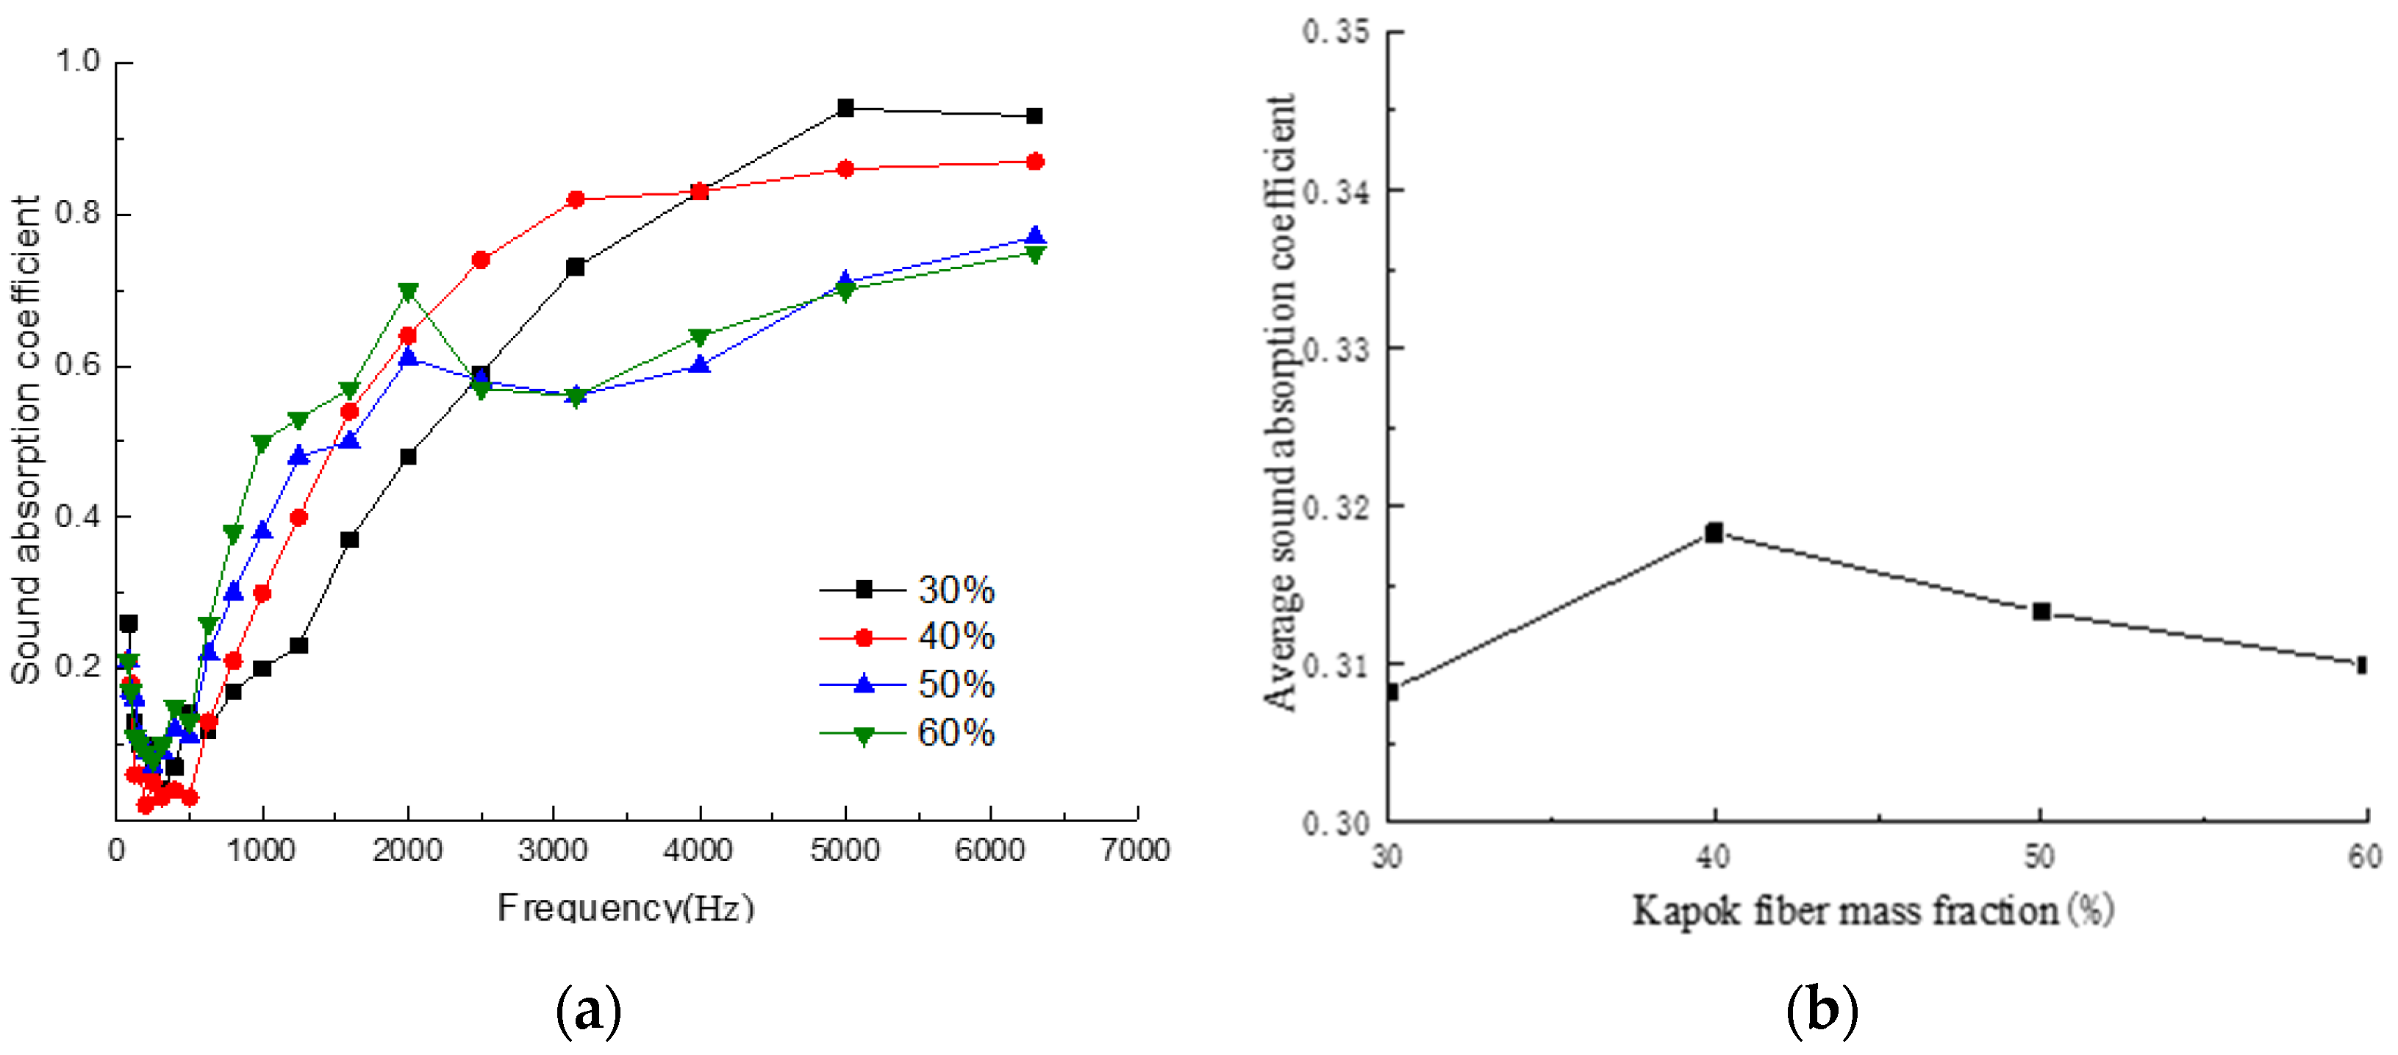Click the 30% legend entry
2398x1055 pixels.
(908, 590)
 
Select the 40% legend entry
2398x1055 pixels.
(908, 637)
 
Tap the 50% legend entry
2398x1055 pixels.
(908, 684)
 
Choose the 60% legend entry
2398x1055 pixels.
(908, 733)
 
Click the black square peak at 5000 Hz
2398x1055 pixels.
(845, 108)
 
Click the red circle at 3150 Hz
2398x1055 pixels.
(576, 199)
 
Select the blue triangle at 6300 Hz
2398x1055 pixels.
(1034, 237)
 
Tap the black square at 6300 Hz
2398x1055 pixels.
(1034, 116)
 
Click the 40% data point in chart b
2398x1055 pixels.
(1714, 532)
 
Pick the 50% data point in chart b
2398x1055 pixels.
(2041, 612)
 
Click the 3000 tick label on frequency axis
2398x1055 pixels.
(553, 850)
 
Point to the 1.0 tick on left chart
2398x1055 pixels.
(78, 62)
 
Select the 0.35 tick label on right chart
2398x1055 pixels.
(1336, 32)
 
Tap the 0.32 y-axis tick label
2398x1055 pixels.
(1336, 507)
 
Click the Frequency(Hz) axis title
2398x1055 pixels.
(626, 907)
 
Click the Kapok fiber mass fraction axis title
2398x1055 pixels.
(1873, 911)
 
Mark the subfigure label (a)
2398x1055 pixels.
(588, 1009)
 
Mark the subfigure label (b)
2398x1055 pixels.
(1822, 1009)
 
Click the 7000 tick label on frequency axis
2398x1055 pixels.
(1136, 850)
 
